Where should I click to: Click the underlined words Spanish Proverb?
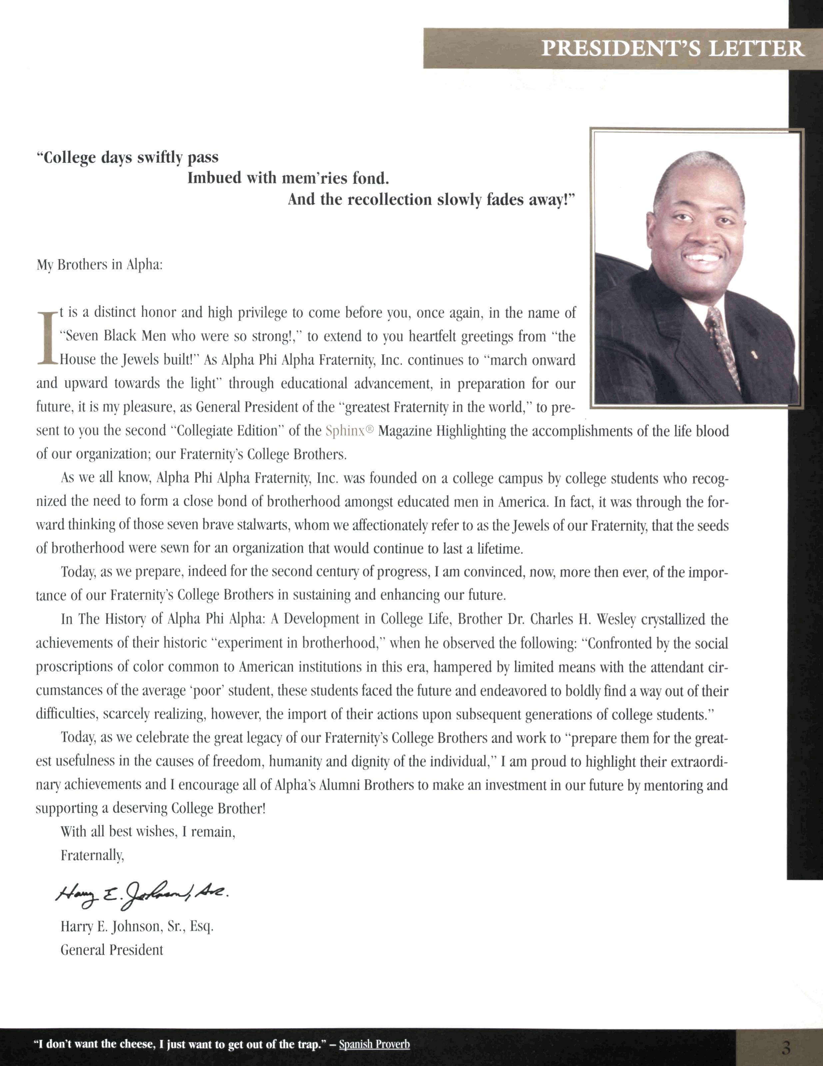coord(374,1044)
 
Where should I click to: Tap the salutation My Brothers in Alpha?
coord(99,265)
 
